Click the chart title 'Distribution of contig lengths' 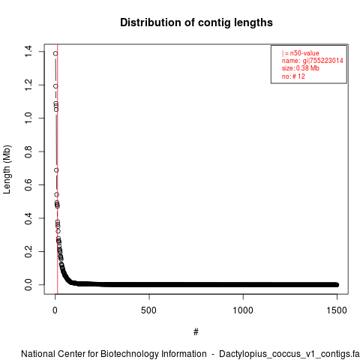pos(196,22)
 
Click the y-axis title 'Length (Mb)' pos(7,169)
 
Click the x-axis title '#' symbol pos(196,332)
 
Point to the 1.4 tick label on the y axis pos(28,51)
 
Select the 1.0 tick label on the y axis pos(28,118)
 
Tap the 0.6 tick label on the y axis pos(28,184)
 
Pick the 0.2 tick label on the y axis pos(28,251)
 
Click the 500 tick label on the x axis pos(149,310)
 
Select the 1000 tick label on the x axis pos(243,310)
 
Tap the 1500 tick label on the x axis pos(337,310)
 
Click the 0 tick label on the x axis pos(55,310)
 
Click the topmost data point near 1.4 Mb pos(55,53)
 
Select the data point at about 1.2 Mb pos(55,86)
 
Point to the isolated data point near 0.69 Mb pos(56,170)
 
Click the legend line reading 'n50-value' pos(301,53)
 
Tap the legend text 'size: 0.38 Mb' pos(301,68)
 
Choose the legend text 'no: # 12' pos(293,76)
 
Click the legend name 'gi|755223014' pos(323,61)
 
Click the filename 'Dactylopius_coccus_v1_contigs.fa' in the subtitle pos(289,354)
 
